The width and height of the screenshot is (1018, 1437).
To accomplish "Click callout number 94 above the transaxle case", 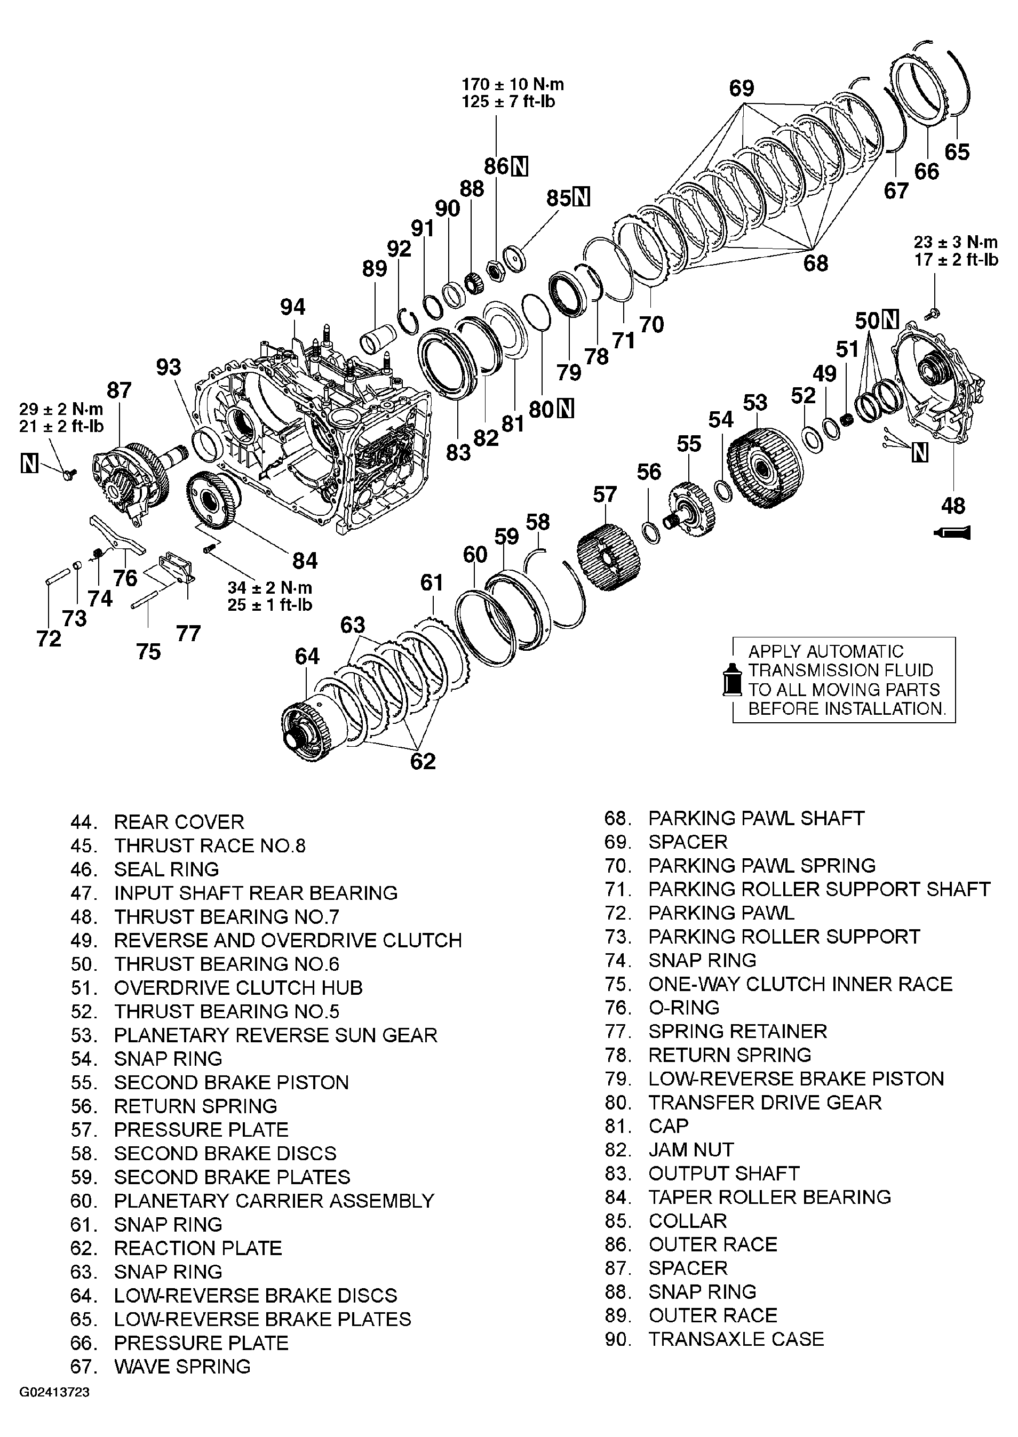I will coord(293,307).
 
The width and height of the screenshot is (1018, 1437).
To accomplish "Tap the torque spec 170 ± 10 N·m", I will coord(512,84).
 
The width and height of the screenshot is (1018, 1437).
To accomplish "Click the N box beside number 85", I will coord(582,198).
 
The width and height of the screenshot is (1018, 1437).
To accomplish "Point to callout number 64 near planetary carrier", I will coord(307,656).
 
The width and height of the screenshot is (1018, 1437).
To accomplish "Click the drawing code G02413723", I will coord(54,1410).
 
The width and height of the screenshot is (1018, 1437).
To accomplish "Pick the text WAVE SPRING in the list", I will coord(182,1366).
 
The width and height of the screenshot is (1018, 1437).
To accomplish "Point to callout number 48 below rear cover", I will coord(953,506).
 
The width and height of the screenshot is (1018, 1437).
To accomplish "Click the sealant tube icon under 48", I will coord(952,533).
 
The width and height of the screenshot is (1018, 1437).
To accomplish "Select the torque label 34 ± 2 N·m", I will coord(269,588).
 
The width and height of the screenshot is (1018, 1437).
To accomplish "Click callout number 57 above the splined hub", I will coord(605,494).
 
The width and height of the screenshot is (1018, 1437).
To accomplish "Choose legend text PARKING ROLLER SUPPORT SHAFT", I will coord(818,889).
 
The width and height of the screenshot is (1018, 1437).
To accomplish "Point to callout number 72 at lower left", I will coord(49,638).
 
